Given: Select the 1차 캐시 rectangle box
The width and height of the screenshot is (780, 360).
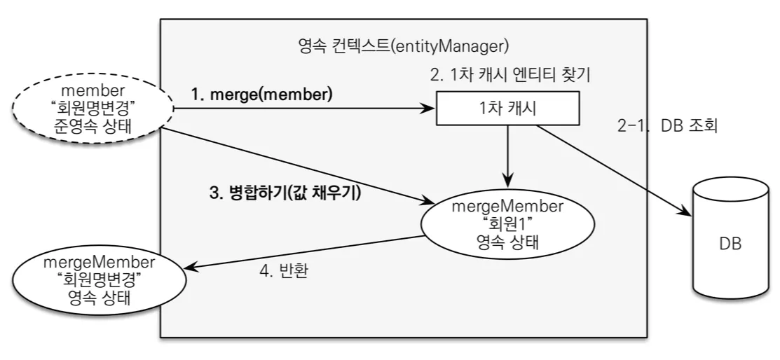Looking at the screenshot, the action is (x=508, y=108).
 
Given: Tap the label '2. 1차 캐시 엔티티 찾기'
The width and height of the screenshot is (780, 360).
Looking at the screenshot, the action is (x=510, y=75).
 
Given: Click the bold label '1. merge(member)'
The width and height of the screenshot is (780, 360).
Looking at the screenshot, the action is (x=261, y=95).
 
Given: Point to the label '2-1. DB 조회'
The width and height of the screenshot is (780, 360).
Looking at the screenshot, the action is (x=667, y=126).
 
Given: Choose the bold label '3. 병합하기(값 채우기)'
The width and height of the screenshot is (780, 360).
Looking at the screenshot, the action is (x=285, y=193).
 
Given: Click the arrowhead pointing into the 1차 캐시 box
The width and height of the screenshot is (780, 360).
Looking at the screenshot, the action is (x=428, y=109).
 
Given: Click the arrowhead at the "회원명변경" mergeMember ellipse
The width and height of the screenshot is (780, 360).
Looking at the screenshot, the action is (x=191, y=268).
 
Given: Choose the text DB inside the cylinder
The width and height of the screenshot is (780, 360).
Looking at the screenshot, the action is (x=730, y=244).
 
